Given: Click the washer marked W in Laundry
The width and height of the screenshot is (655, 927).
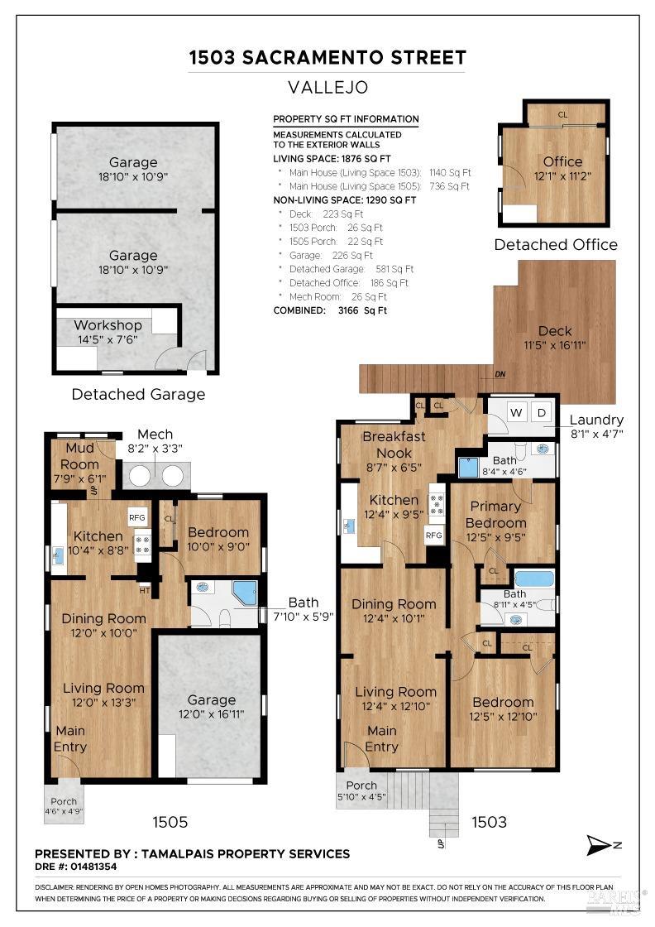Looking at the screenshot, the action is pos(516,413).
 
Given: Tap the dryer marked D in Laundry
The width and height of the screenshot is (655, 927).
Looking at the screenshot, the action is pos(541,413).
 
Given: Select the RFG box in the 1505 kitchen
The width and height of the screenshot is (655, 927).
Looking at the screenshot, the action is pos(137,517).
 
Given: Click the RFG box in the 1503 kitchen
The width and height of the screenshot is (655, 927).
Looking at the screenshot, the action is pos(433,535).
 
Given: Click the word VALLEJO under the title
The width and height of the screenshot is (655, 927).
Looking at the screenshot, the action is pos(327,88).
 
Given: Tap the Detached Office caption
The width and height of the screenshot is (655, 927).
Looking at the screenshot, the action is pos(556,245).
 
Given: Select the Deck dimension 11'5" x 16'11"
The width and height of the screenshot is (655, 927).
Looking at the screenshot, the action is pos(555,345).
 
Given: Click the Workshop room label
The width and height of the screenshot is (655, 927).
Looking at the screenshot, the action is pos(108,325).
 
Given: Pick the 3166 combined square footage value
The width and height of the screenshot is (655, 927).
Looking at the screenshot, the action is pos(348,310).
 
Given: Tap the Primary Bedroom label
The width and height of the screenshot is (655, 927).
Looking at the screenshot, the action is pos(495,514).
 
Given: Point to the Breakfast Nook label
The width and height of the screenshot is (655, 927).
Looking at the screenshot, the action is pos(394,444).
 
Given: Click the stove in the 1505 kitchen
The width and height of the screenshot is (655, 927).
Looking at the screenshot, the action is pos(143,545).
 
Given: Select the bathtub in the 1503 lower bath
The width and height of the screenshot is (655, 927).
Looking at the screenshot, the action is pos(534,578).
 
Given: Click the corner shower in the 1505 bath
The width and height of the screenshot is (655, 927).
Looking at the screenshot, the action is pos(245,593).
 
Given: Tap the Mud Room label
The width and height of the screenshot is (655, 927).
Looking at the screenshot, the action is pos(79,456).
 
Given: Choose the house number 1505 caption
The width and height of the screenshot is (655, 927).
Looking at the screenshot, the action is pos(170,822).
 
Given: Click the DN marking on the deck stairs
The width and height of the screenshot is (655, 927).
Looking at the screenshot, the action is pos(500,374).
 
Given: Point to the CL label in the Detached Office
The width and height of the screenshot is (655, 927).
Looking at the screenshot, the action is pos(562,115).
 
